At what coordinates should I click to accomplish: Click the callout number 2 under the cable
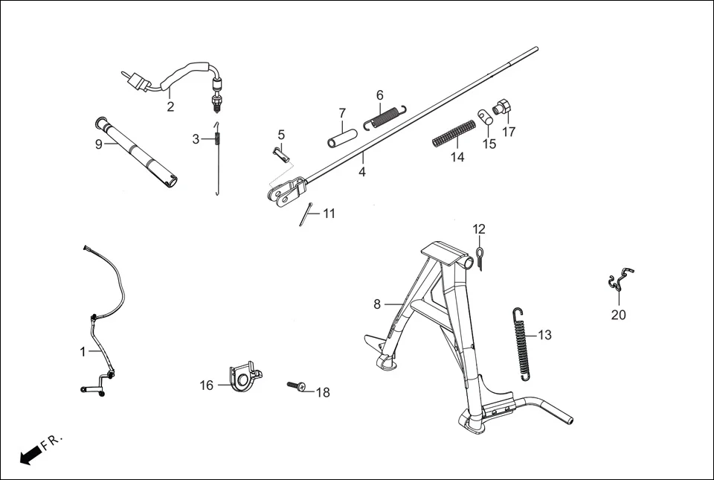[x=170, y=107]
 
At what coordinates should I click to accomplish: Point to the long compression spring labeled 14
[x=454, y=133]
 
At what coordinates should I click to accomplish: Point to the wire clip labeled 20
[x=619, y=281]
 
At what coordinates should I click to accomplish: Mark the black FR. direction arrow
[x=29, y=455]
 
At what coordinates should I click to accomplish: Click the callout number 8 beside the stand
[x=377, y=304]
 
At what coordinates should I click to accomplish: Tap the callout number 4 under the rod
[x=362, y=171]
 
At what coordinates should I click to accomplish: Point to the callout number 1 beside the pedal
[x=83, y=352]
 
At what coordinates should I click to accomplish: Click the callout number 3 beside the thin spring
[x=196, y=139]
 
